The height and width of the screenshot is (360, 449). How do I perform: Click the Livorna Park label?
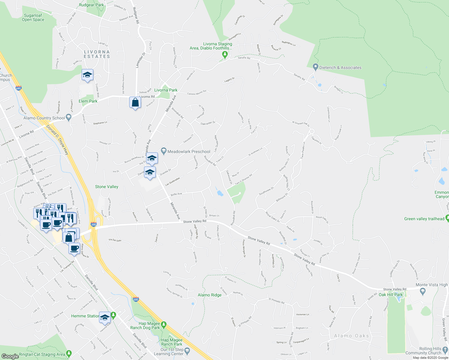coord(166,90)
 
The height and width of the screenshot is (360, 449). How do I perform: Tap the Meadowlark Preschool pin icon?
coord(164,151)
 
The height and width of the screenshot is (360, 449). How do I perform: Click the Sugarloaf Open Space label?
coord(33,17)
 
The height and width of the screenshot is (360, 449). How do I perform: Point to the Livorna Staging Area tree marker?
coord(225,55)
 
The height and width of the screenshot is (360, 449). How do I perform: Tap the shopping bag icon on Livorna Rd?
coord(135,103)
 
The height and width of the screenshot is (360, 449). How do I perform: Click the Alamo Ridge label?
coord(209,295)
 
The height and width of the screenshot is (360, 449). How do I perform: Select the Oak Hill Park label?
coord(390,295)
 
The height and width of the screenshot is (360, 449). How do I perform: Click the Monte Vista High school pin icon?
coord(423,291)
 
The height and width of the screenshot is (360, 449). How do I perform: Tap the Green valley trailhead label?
coord(424,219)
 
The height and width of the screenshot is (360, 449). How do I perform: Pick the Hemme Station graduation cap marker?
coord(105,318)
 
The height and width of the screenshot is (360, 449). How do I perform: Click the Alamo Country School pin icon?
coord(69,117)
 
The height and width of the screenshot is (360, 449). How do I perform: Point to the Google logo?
coord(10,356)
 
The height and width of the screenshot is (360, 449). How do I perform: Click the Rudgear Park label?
coord(91,5)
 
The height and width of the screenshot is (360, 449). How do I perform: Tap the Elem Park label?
coord(88,101)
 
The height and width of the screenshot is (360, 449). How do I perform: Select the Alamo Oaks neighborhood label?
coord(351,336)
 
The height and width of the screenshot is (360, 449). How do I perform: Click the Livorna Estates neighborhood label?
coord(97,54)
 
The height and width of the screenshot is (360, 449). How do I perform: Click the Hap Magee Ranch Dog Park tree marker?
coord(164,324)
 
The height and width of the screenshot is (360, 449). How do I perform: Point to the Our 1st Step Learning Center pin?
coord(187,350)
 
